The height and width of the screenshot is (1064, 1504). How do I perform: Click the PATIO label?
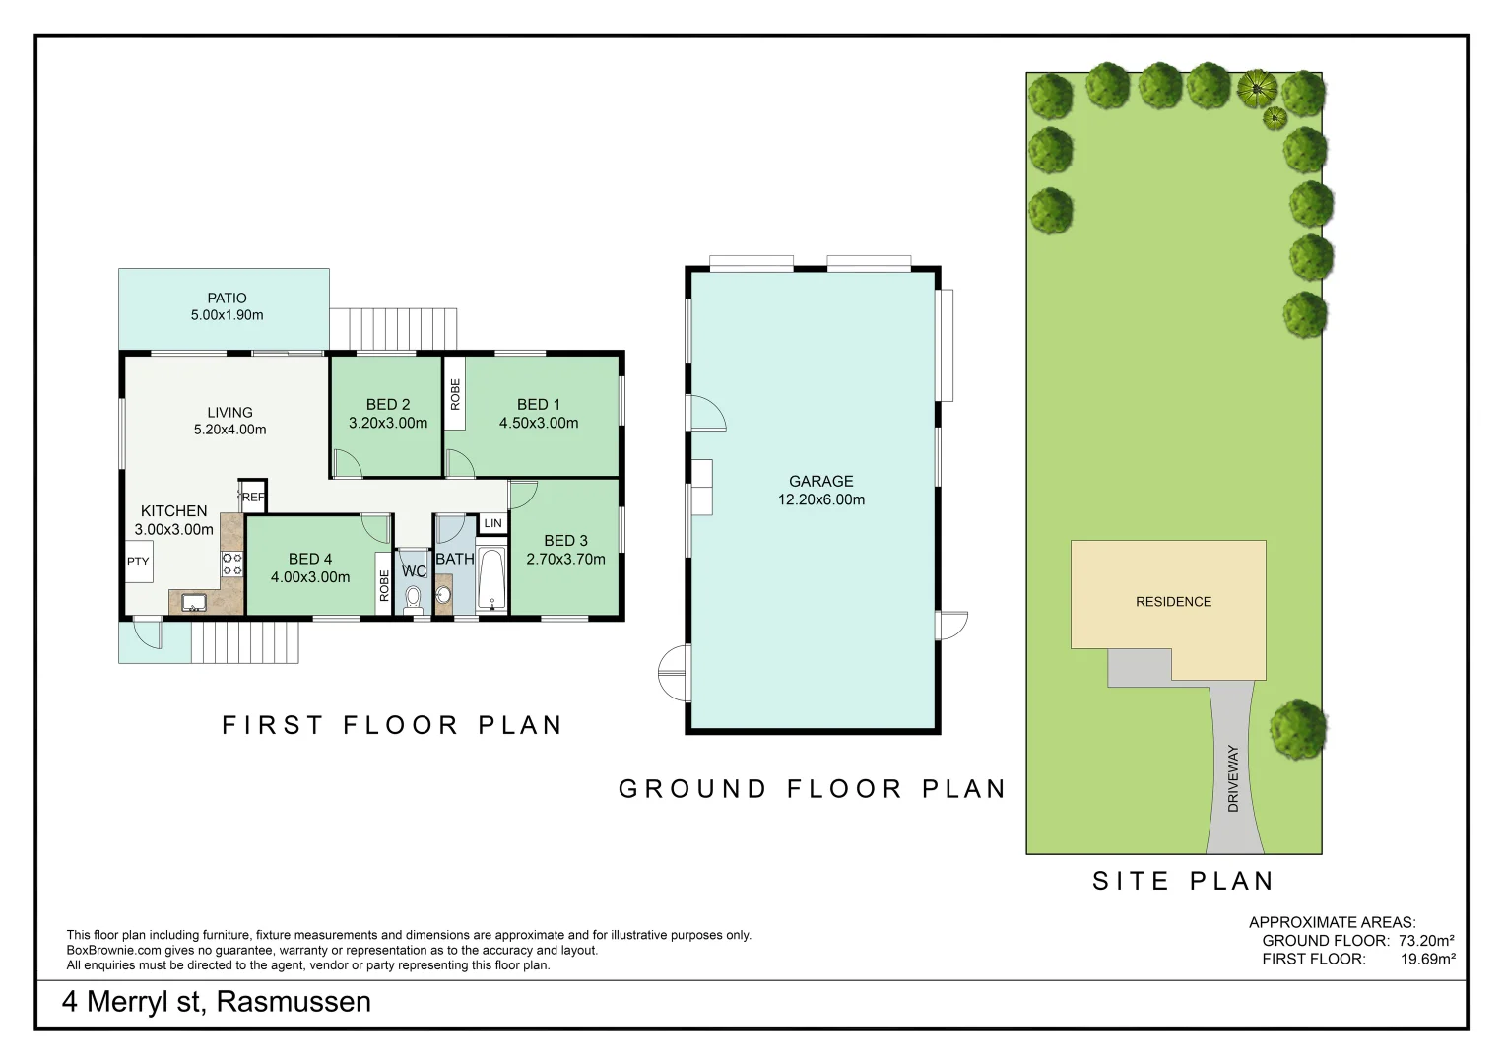[227, 298]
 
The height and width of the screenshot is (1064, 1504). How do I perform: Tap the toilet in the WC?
[413, 599]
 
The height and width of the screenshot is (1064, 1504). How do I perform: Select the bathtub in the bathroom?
[491, 579]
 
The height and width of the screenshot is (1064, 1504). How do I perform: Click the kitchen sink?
[193, 602]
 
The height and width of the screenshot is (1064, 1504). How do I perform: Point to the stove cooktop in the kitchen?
[232, 564]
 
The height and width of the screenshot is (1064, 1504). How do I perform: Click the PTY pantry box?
[139, 562]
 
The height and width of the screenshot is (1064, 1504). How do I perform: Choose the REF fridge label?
[254, 498]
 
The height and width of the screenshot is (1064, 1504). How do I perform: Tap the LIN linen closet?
[492, 523]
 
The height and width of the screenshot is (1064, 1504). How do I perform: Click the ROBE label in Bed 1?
[455, 394]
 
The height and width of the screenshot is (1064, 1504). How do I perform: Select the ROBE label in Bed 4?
[383, 585]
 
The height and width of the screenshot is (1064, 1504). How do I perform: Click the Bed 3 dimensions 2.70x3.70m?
[565, 559]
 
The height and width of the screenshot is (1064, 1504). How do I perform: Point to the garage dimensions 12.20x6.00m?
[821, 499]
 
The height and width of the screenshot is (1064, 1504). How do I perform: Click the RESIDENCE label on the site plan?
[1174, 602]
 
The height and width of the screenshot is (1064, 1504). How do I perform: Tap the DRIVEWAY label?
[1233, 778]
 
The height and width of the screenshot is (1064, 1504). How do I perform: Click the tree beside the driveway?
[1297, 729]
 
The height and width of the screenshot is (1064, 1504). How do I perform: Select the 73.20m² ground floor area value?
[1426, 941]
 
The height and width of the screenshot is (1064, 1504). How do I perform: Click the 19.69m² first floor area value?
[1427, 959]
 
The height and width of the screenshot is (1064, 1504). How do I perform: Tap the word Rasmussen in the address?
[294, 1002]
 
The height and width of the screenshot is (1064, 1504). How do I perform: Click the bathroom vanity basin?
[444, 595]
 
